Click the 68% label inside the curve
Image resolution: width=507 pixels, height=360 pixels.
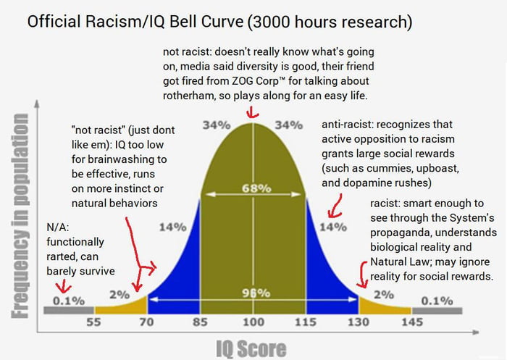coord(253,188)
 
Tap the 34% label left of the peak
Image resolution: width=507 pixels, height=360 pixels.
coord(216,125)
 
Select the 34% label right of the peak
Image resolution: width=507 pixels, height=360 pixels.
coord(289,125)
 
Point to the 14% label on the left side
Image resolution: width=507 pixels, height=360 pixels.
coord(172,226)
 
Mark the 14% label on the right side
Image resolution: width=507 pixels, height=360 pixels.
coord(334,226)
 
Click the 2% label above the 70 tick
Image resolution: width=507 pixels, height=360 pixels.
coord(120,295)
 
